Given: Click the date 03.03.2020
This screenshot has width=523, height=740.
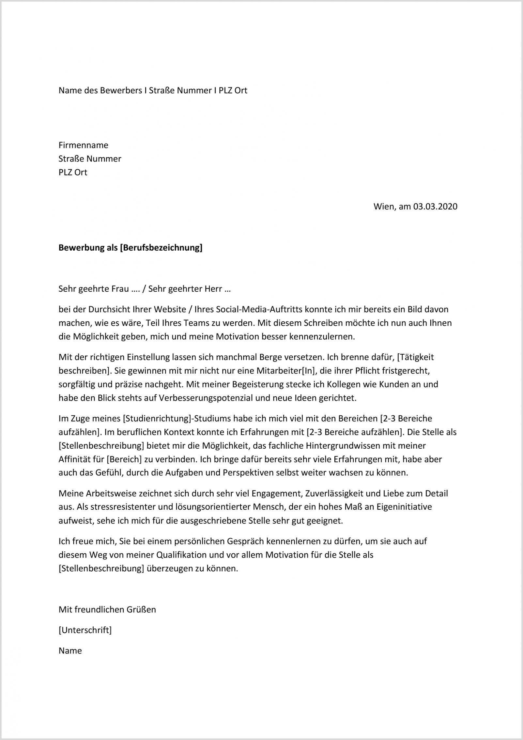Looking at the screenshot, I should [x=435, y=207].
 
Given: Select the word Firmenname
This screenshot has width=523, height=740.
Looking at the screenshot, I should [x=83, y=145].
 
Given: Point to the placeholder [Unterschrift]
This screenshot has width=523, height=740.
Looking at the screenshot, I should [x=85, y=630].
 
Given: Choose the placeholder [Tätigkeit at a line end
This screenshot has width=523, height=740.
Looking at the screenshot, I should [x=415, y=357].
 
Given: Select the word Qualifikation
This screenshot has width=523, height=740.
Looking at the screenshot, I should [x=181, y=555].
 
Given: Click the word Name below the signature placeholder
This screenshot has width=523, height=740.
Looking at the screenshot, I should [x=70, y=651].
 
